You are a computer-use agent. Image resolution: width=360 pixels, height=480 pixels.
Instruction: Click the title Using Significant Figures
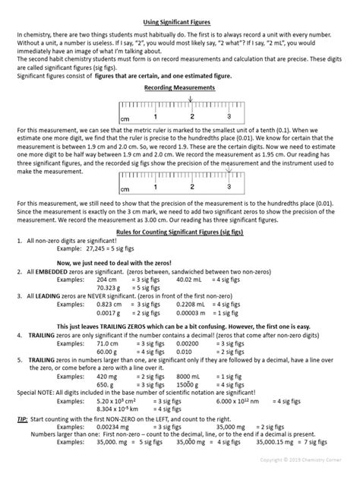179,23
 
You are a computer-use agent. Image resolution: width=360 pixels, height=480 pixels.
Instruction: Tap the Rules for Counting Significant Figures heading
179,232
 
